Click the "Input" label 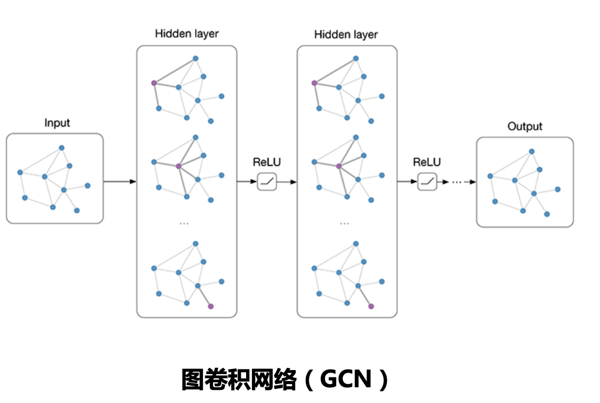[x=57, y=124]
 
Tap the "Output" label [x=525, y=127]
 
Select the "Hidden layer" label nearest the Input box [x=186, y=34]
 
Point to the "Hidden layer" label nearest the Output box [x=346, y=35]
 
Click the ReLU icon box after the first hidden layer [x=266, y=182]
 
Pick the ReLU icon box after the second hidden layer [x=427, y=182]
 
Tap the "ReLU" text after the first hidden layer [x=266, y=162]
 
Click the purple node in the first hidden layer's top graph [x=154, y=83]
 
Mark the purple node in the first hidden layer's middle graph [x=179, y=166]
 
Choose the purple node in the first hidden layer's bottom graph [x=210, y=306]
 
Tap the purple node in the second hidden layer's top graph [x=314, y=83]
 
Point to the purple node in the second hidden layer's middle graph [x=339, y=166]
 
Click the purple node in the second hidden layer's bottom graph [x=371, y=306]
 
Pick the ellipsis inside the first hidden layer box [x=184, y=223]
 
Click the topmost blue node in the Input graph [x=61, y=148]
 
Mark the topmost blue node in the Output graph [x=531, y=151]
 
